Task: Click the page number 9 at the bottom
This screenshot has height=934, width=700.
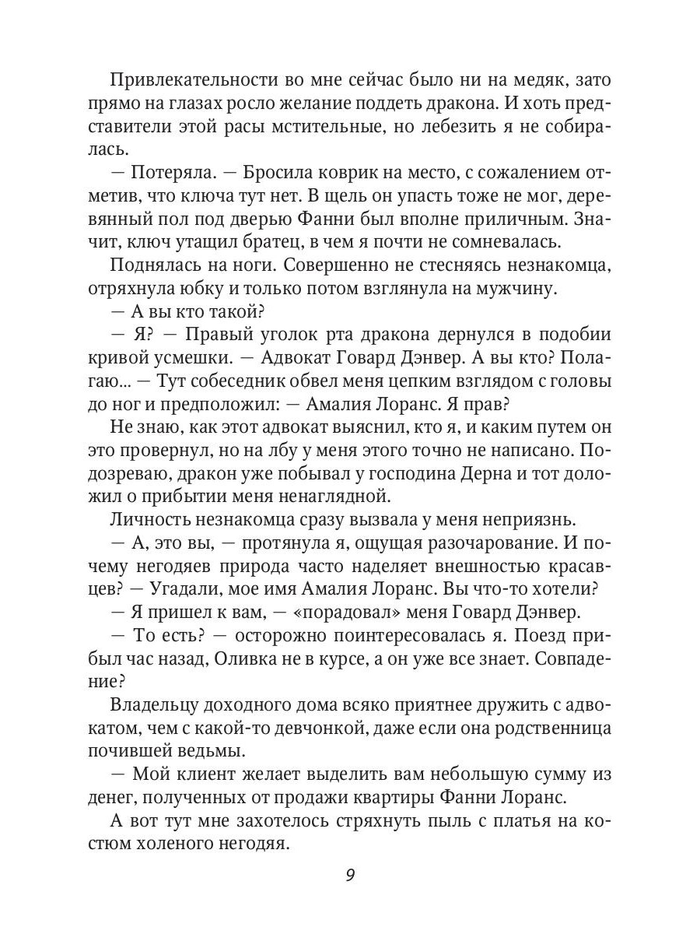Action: click(350, 875)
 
